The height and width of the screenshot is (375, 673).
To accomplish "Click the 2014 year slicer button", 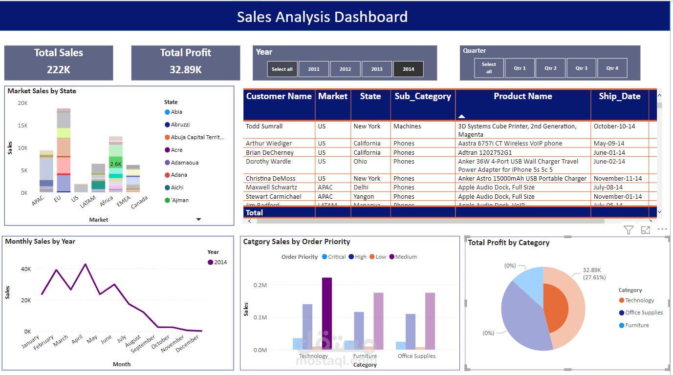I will point(409,69).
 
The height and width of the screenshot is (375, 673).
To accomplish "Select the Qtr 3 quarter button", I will point(581,68).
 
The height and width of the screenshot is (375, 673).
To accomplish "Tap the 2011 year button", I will point(314,69).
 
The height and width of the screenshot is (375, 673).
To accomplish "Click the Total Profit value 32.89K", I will point(186,70).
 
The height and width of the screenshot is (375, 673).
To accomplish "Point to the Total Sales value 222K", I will point(59,70).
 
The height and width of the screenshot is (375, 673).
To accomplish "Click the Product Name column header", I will point(522,96).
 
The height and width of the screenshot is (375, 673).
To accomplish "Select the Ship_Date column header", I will point(619,96).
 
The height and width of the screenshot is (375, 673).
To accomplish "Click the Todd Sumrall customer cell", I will point(264,126).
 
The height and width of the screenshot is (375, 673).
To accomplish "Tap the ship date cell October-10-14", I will point(614,126).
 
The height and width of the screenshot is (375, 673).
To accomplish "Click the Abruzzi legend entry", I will point(180,125).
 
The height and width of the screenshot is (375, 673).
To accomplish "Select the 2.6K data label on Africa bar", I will point(116,165).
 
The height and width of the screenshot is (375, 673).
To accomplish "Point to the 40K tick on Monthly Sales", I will point(26,269).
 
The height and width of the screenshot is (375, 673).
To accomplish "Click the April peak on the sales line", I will point(86,264).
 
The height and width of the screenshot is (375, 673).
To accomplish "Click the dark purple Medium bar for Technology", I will point(327,312).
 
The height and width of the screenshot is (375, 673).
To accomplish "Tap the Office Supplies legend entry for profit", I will point(644,312).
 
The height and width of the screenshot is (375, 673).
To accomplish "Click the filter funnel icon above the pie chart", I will point(629,230).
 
